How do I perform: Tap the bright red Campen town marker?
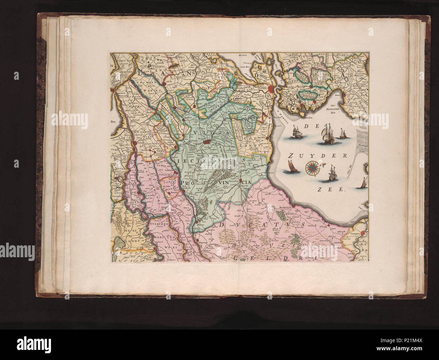[363, 233]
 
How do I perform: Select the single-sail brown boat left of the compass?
[290, 167]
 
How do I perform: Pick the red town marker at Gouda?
[164, 82]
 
